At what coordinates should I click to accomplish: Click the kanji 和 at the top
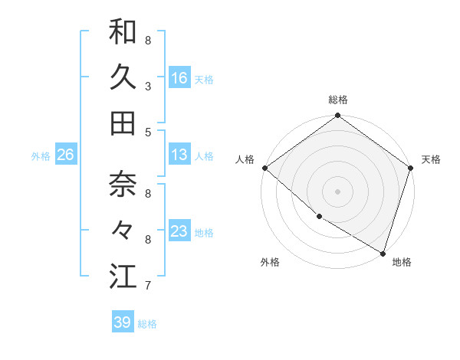click(x=123, y=32)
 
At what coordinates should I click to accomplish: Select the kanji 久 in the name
click(x=123, y=77)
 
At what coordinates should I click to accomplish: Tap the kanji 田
click(x=123, y=123)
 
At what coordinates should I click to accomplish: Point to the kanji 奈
click(x=123, y=184)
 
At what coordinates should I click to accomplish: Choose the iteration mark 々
click(x=123, y=230)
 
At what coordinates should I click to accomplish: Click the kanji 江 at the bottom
click(x=123, y=276)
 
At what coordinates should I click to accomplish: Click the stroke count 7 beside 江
click(x=148, y=286)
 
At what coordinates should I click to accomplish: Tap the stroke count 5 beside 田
click(x=148, y=133)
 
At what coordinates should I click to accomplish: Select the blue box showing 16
click(x=179, y=78)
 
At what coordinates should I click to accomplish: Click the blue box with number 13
click(x=179, y=155)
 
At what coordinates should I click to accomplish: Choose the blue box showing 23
click(x=179, y=231)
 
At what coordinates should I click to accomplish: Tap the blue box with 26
click(x=65, y=155)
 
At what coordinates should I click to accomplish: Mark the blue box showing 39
click(x=122, y=322)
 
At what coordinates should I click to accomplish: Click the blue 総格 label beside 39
click(x=148, y=324)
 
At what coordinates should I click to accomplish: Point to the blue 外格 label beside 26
click(x=41, y=156)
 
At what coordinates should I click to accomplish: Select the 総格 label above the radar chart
click(x=338, y=100)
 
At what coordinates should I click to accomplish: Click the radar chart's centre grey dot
click(x=338, y=191)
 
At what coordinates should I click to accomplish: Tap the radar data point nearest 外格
click(x=319, y=217)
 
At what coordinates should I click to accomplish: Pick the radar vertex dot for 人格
click(x=265, y=168)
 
